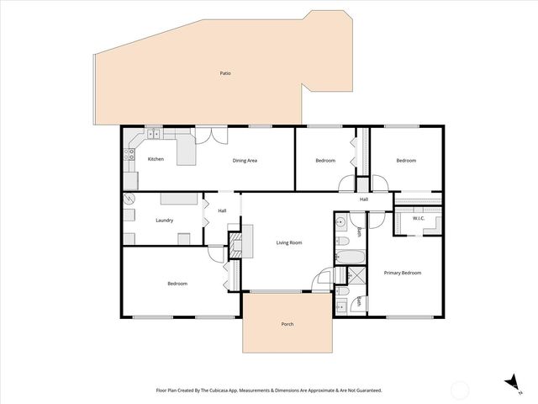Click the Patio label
pos(225,73)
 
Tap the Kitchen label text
pos(156,159)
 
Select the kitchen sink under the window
pos(154,134)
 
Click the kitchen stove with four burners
pos(130,154)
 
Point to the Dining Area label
pos(245,159)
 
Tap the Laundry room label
pos(165,221)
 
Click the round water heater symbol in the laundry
pos(129,199)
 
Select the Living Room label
pos(289,242)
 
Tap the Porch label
pos(287,324)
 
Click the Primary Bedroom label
pos(402,273)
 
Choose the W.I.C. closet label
pos(419,219)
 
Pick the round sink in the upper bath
pos(340,223)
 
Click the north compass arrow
pos(509,382)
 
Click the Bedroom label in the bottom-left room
pos(177,284)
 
